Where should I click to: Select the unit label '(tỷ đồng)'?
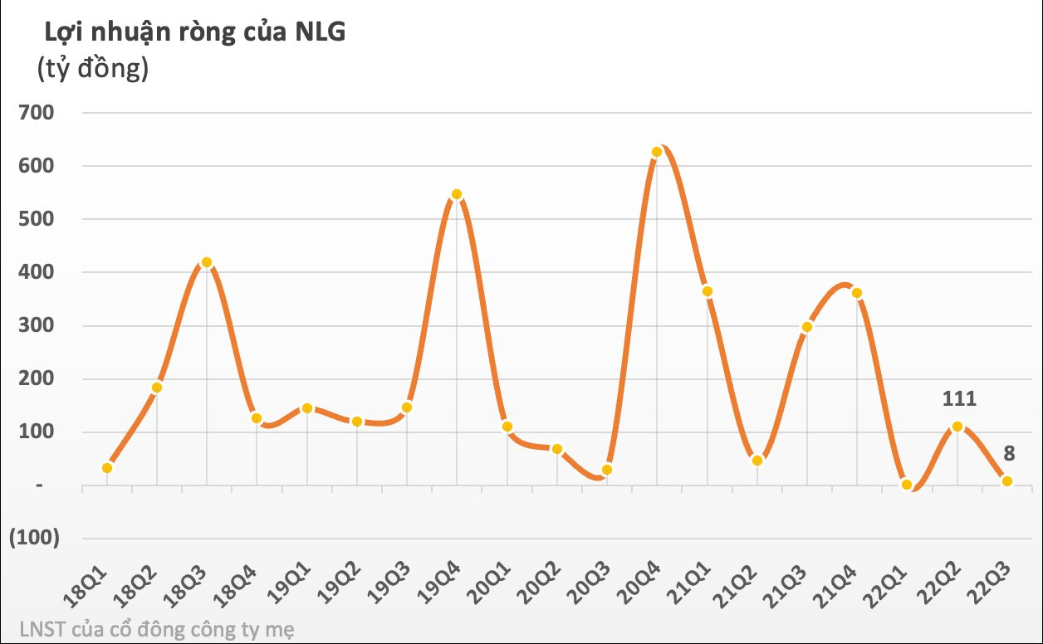tap(92, 68)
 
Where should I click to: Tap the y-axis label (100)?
tap(34, 538)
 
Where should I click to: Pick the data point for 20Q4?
tap(657, 152)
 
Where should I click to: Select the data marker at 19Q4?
tap(456, 195)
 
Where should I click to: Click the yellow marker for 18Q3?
tap(207, 262)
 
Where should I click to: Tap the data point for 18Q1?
tap(107, 468)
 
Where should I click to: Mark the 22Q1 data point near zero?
tap(907, 485)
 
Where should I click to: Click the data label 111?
tap(959, 399)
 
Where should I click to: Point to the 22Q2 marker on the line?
tap(957, 427)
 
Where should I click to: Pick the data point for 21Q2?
tap(757, 461)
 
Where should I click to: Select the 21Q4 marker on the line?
tap(857, 293)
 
